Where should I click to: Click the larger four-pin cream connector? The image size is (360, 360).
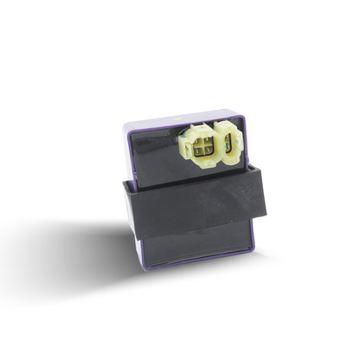[202, 145]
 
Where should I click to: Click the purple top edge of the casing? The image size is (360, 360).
[173, 117]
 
